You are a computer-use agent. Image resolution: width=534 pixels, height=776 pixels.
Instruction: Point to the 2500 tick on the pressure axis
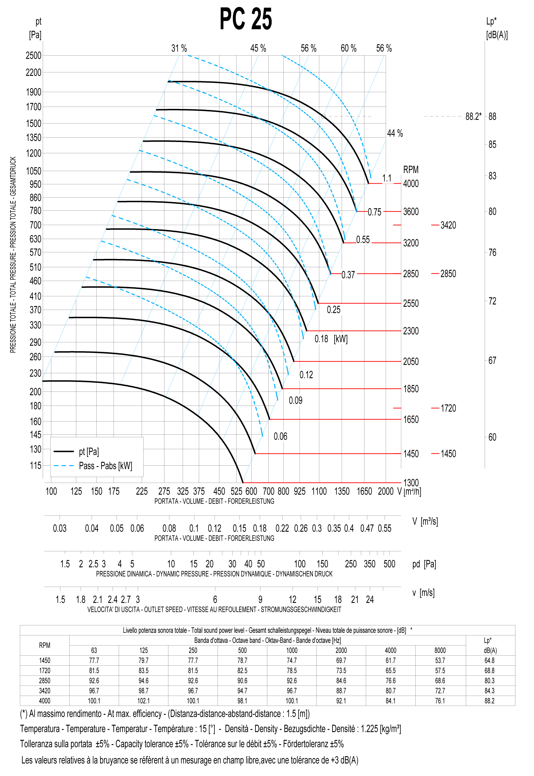33,56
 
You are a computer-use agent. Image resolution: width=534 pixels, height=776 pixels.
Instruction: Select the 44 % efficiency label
395,134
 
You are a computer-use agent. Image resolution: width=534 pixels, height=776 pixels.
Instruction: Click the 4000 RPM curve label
411,184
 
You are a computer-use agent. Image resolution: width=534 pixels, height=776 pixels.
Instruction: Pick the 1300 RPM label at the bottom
411,483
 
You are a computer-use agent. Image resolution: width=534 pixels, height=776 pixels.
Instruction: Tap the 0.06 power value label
280,437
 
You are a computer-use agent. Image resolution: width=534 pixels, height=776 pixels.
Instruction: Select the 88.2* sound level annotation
473,117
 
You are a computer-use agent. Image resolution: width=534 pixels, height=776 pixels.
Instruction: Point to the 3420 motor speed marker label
448,225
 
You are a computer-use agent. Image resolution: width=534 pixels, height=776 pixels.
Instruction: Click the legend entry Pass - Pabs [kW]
105,466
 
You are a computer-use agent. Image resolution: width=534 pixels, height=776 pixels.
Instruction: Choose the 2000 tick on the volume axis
386,492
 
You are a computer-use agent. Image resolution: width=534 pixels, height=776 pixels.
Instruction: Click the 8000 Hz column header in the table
440,650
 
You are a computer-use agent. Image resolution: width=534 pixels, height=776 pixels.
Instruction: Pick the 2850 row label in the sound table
44,681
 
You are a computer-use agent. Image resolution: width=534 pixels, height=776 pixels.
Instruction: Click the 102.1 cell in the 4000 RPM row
144,701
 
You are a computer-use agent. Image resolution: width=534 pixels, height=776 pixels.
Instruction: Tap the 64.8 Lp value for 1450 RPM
489,660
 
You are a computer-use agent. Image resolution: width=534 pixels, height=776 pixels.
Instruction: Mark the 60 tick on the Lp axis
492,437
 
